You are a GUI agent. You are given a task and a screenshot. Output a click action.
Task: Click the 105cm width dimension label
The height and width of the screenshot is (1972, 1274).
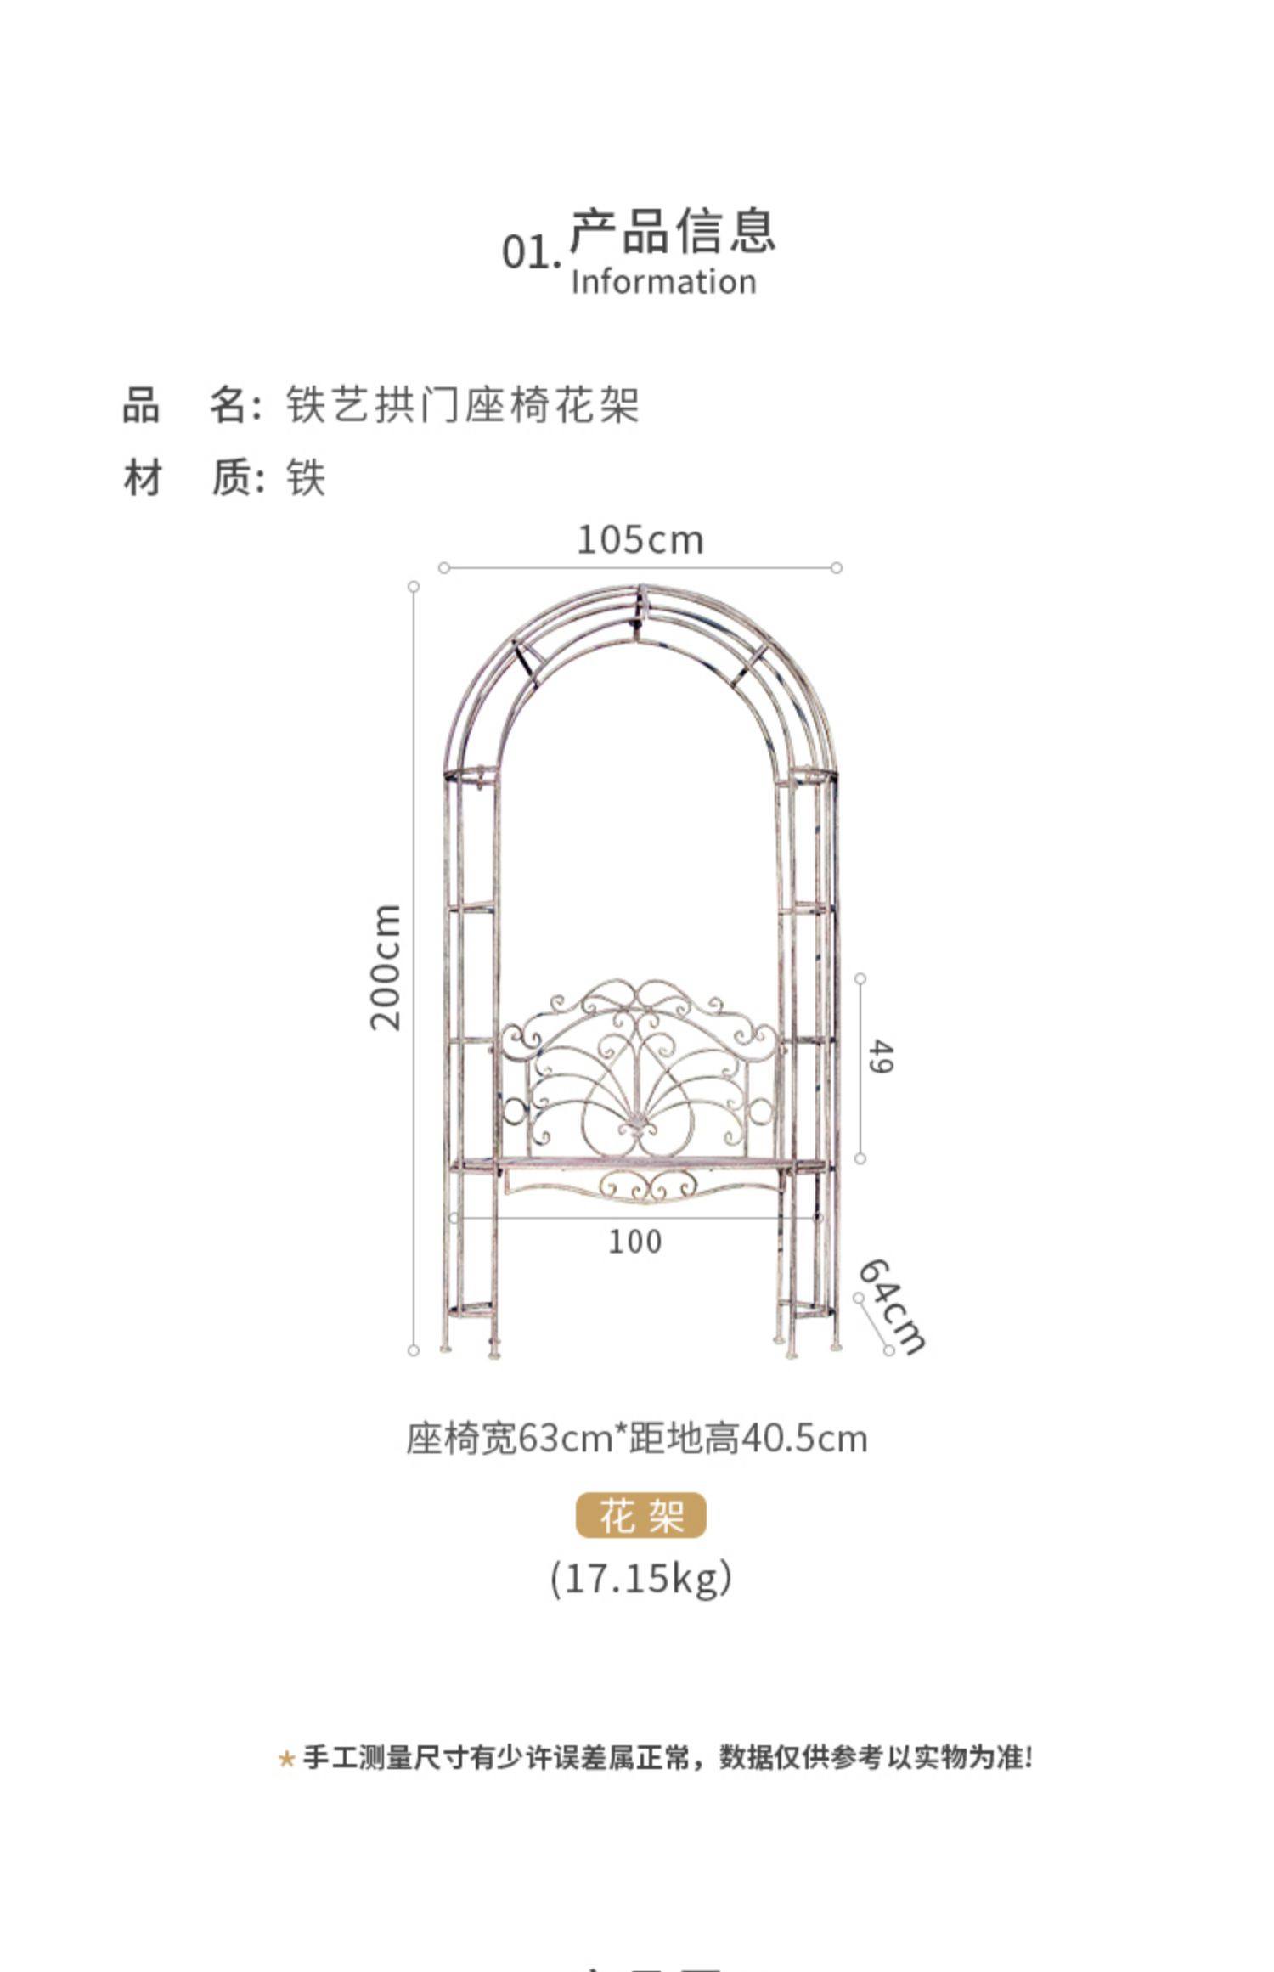(x=640, y=540)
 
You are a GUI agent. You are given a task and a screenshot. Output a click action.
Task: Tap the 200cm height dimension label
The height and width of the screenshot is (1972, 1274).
(x=386, y=967)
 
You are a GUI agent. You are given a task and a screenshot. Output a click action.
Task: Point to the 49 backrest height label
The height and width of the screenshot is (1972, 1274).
(x=882, y=1057)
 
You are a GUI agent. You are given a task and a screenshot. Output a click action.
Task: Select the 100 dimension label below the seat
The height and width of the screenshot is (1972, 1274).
(x=634, y=1242)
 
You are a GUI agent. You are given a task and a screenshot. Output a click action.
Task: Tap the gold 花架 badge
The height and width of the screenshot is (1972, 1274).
(x=641, y=1515)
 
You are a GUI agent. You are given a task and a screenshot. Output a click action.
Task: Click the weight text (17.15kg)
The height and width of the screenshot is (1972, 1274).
(x=641, y=1579)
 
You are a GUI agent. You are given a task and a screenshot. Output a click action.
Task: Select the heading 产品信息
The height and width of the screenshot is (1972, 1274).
(x=673, y=230)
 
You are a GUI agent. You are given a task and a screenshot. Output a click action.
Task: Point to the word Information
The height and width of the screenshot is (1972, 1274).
(x=663, y=282)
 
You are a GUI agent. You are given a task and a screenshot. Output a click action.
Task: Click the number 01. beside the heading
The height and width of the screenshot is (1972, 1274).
(x=531, y=252)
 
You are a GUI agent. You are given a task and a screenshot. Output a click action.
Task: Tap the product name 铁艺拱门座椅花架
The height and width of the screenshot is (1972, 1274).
(x=462, y=404)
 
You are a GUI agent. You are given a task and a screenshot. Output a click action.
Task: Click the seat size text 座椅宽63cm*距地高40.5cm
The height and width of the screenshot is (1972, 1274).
(x=637, y=1440)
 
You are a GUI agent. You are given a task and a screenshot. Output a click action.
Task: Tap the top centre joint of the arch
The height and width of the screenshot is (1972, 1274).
(x=641, y=594)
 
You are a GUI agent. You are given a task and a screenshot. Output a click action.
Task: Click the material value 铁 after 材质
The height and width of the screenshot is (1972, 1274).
(x=306, y=477)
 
